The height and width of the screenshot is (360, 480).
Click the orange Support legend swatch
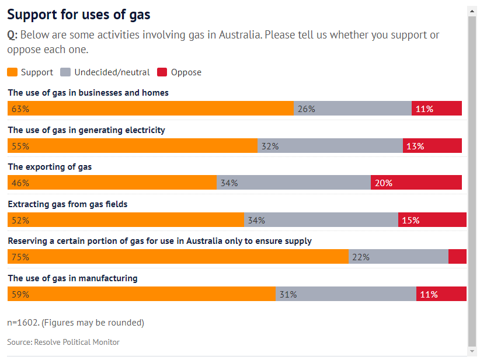tap(12, 72)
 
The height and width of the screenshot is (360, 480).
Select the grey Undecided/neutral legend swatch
tap(65, 72)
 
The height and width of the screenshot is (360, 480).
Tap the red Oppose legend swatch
tap(162, 72)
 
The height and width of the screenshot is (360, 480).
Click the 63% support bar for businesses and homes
tap(150, 109)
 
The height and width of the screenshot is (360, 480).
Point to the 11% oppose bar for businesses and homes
tap(437, 109)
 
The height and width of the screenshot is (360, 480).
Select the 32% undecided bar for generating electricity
tap(330, 146)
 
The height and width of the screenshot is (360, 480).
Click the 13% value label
tap(415, 146)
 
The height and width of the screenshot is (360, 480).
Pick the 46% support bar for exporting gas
tap(112, 183)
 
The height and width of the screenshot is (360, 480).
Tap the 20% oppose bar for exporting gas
tap(416, 183)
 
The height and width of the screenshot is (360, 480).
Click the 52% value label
tap(20, 220)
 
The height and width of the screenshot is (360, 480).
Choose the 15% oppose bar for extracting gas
tap(432, 220)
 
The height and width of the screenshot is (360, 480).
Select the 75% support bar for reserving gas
tap(178, 257)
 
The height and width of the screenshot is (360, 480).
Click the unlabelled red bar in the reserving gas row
tap(457, 257)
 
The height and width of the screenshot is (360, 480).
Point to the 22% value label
tap(361, 257)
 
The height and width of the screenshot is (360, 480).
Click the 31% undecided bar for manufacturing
tap(346, 294)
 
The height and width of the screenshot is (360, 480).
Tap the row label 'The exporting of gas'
tap(50, 167)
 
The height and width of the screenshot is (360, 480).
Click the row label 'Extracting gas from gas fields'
tap(67, 204)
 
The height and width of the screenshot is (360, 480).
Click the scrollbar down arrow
tap(472, 351)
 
